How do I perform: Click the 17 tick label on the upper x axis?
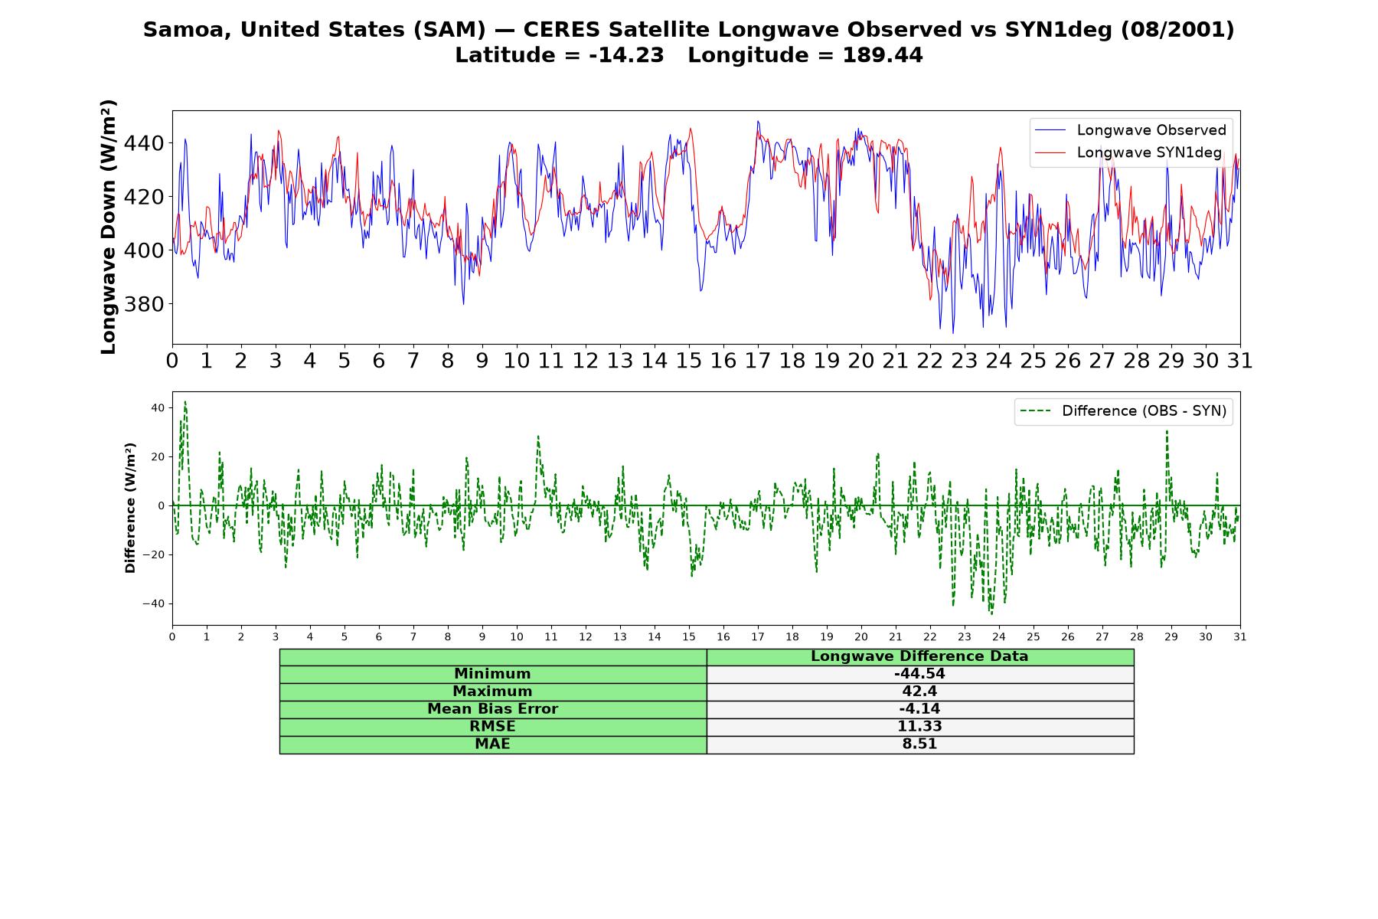click(x=757, y=361)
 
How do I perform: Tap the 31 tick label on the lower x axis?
click(x=1239, y=636)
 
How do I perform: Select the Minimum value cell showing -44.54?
click(x=919, y=674)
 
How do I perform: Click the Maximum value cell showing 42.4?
click(x=919, y=692)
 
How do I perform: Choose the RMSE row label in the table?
click(x=492, y=727)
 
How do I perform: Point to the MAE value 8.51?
click(x=919, y=744)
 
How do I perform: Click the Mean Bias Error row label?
click(x=492, y=709)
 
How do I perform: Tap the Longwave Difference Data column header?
click(x=919, y=656)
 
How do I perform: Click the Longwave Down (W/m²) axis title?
click(x=108, y=227)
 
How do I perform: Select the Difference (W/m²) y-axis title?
click(x=130, y=508)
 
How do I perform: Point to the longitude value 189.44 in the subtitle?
click(x=883, y=55)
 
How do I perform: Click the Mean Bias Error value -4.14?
click(x=919, y=709)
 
